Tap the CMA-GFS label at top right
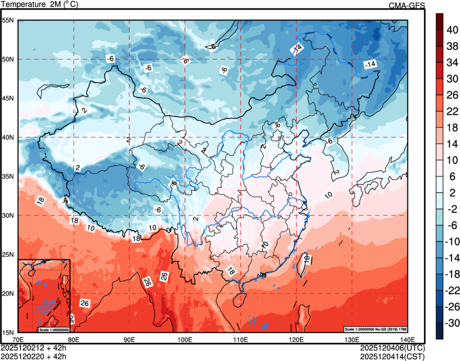(406, 5)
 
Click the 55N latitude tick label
(8, 20)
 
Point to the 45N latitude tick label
(8, 98)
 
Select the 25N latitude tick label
(8, 254)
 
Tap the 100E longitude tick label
(185, 339)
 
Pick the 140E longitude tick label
(407, 339)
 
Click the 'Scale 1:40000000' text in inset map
(54, 330)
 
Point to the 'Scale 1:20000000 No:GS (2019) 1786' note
(377, 328)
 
